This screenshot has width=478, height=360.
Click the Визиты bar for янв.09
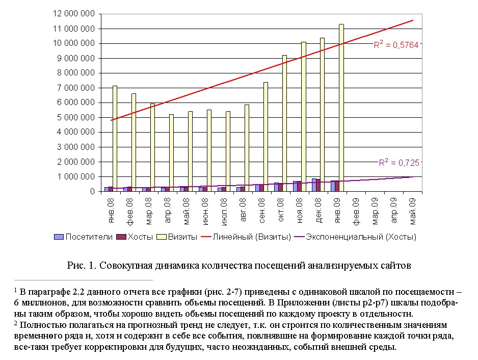[x=341, y=107]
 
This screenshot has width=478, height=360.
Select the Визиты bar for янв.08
[x=115, y=138]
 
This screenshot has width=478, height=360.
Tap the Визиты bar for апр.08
[x=172, y=153]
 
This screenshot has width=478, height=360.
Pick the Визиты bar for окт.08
[x=285, y=122]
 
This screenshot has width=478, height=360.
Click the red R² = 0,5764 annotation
[x=396, y=45]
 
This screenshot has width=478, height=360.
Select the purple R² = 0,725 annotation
[x=399, y=163]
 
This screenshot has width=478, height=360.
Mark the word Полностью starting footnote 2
[x=39, y=325]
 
